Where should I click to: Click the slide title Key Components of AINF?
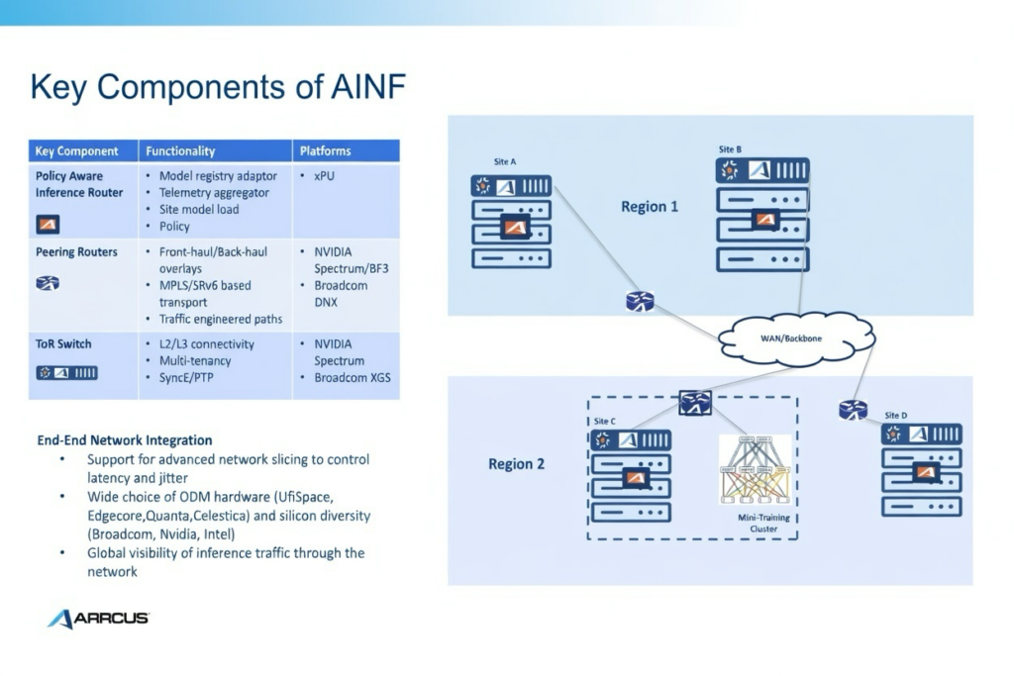(x=218, y=87)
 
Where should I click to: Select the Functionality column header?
(x=180, y=151)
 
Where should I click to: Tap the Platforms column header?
(x=326, y=151)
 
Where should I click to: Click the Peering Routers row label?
(x=76, y=252)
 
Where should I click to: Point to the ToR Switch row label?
(x=63, y=344)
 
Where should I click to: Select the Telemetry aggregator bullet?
(x=218, y=193)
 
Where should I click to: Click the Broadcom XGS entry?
(x=353, y=378)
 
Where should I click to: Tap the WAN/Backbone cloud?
(x=791, y=338)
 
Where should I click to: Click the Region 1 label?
(x=650, y=207)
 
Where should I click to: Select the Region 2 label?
(x=516, y=464)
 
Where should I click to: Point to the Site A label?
(x=505, y=161)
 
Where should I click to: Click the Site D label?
(x=895, y=415)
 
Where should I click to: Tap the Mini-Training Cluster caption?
(x=758, y=523)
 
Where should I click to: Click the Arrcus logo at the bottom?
(x=98, y=619)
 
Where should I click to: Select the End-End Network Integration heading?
(x=124, y=440)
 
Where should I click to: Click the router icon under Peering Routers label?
(x=48, y=283)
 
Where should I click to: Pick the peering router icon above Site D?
(x=853, y=409)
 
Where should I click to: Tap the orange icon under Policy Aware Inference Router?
(x=48, y=224)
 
